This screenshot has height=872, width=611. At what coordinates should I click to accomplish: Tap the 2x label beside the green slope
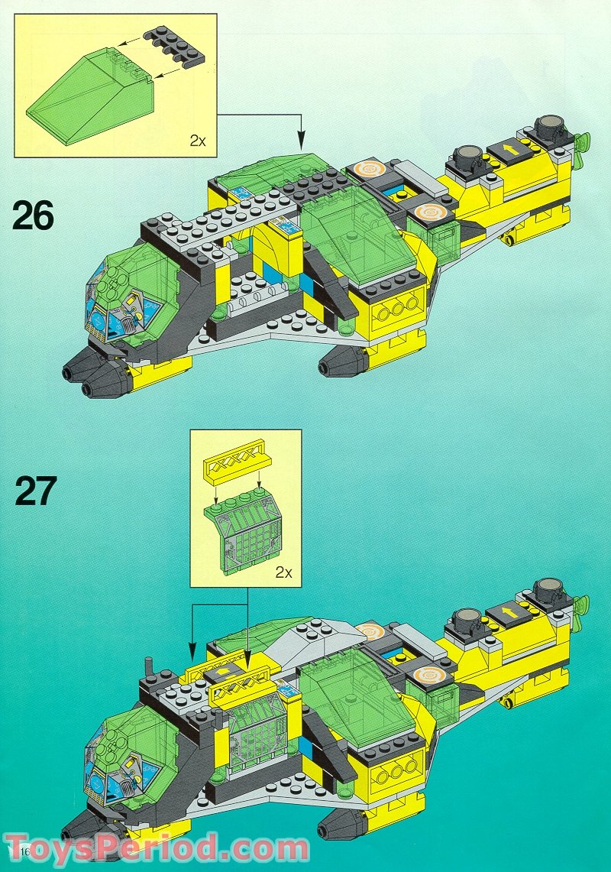click(x=198, y=141)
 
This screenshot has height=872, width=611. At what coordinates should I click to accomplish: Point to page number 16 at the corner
click(x=16, y=851)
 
